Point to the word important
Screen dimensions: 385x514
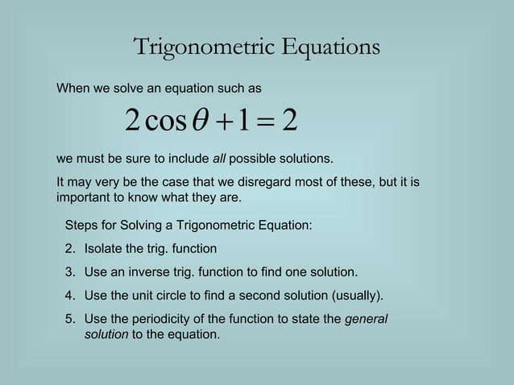pos(85,197)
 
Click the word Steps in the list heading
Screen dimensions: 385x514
pos(82,226)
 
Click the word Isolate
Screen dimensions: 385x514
pos(104,249)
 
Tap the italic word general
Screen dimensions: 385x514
pos(366,319)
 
